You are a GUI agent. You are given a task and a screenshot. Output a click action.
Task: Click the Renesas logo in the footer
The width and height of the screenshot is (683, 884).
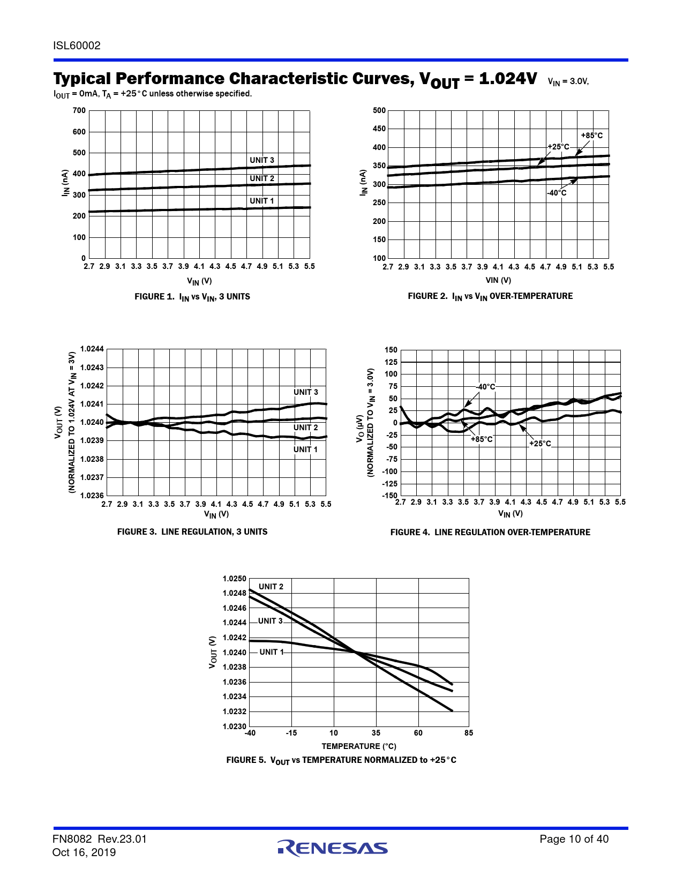pos(333,848)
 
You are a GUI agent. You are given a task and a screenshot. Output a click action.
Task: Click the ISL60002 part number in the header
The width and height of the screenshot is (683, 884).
pos(77,46)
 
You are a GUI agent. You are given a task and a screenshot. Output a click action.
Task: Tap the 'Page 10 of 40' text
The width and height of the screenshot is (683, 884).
pos(574,839)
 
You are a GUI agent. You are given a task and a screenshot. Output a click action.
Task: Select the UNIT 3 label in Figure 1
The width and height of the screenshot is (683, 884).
pos(262,160)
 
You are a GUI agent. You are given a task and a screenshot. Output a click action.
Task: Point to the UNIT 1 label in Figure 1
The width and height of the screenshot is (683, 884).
pos(262,201)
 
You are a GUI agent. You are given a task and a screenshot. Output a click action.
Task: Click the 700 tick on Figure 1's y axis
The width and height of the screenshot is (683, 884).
pos(79,110)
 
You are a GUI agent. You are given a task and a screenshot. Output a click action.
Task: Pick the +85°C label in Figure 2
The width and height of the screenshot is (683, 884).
pos(592,136)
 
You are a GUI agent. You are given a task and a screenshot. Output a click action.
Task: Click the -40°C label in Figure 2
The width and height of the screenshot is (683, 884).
pos(557,193)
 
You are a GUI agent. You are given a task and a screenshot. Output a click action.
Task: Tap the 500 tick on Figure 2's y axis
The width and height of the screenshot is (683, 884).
pos(379,110)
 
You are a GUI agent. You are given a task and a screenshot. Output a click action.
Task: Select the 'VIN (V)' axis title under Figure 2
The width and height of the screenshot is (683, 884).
pos(498,280)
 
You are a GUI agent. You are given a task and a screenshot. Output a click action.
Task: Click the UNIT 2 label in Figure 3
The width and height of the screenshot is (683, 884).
pos(305,428)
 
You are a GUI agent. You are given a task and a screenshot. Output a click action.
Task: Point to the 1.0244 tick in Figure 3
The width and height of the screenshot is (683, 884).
pos(92,349)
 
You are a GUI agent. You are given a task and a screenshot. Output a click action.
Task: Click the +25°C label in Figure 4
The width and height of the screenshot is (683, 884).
pos(540,444)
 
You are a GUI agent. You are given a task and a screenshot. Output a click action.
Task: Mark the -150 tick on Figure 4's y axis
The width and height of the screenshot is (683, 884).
pos(389,496)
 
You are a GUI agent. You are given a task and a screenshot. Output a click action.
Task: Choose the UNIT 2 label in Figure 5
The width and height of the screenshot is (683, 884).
pos(271,587)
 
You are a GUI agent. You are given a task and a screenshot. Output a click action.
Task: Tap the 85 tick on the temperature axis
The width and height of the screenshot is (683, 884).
pos(469,733)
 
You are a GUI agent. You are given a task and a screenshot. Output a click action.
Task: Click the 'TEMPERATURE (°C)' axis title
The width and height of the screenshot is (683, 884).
pos(359,746)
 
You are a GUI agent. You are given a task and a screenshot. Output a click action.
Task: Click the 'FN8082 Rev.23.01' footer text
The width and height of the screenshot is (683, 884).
pos(100,839)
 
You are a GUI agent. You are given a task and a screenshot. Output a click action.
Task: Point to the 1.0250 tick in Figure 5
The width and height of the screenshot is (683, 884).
pos(235,579)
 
